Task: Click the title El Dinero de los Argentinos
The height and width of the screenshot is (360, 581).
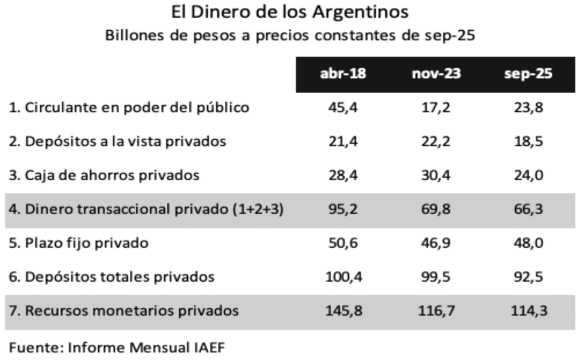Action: click(289, 12)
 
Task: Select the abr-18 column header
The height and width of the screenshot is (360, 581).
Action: click(342, 74)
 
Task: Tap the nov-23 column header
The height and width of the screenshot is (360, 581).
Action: click(436, 74)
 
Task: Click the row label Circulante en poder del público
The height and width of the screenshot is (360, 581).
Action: click(129, 107)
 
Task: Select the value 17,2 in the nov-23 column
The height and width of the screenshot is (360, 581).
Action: click(436, 107)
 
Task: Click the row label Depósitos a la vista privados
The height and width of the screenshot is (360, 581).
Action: click(117, 141)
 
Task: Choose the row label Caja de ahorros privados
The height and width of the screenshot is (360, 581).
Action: click(104, 175)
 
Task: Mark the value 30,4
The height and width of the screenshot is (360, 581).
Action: click(436, 175)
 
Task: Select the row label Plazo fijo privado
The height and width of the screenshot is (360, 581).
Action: click(79, 244)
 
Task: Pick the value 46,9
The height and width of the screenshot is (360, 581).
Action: click(436, 244)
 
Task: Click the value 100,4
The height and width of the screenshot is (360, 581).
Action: click(342, 277)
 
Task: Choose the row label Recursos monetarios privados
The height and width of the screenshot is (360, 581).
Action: click(124, 311)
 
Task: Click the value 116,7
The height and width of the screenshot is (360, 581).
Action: click(436, 311)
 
